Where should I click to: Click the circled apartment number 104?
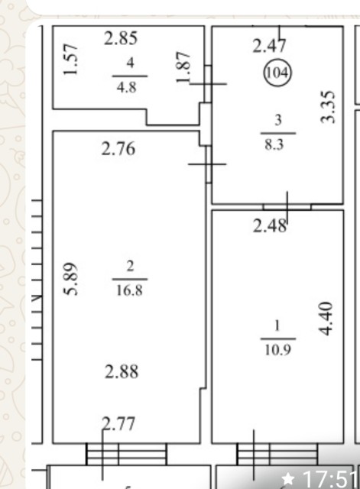[x=277, y=73]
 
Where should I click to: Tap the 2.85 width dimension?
[x=121, y=39]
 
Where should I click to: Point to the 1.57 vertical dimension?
[x=70, y=60]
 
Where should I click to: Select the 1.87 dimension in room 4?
[x=183, y=67]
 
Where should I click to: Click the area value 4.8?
[x=126, y=88]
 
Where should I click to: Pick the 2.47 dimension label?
[x=269, y=46]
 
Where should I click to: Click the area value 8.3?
[x=274, y=145]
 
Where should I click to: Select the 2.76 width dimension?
[x=118, y=148]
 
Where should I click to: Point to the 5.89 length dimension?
[x=71, y=278]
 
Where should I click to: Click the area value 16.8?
[x=129, y=290]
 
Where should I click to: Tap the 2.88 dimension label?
[x=122, y=372]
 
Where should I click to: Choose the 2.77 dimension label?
[x=119, y=424]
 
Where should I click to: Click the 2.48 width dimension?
[x=270, y=226]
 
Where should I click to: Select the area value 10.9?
[x=278, y=350]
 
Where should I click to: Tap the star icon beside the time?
[x=288, y=479]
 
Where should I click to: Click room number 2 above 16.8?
[x=130, y=267]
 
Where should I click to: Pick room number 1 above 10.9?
[x=277, y=326]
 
